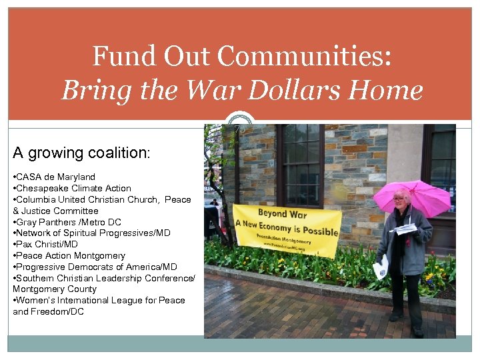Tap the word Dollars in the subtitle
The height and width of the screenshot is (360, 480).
coord(305,90)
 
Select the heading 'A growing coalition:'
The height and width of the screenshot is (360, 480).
coord(81,153)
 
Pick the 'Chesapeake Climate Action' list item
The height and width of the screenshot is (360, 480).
coord(72,188)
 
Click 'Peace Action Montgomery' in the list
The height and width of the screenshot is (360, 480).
coord(69,255)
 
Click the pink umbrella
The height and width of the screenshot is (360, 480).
coord(412,196)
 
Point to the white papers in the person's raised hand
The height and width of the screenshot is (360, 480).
coord(404,229)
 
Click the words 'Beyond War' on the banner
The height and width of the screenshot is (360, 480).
coord(282,213)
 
